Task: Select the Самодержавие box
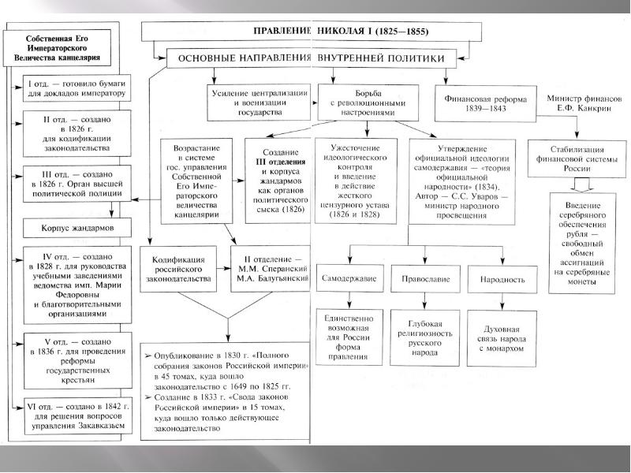pos(348,280)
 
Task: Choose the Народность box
pos(502,280)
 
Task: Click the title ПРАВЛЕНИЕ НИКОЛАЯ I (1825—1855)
pos(312,32)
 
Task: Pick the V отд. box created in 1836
pos(68,364)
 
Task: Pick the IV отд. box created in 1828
pos(68,285)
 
